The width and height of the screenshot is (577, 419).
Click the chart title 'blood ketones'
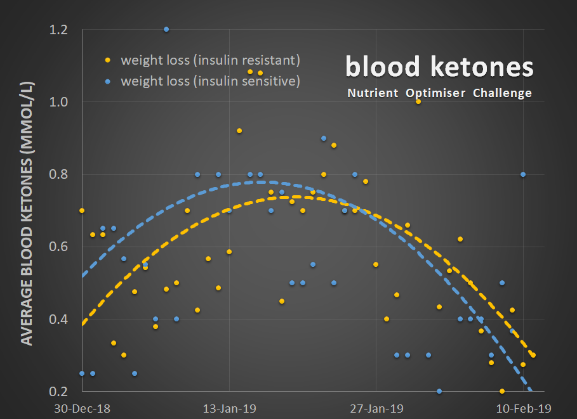click(439, 66)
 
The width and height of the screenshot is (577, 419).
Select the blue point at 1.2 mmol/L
click(166, 29)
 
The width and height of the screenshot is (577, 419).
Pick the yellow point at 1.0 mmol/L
click(418, 101)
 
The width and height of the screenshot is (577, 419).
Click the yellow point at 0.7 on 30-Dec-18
click(82, 210)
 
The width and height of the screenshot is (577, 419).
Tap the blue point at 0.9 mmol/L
click(324, 138)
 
